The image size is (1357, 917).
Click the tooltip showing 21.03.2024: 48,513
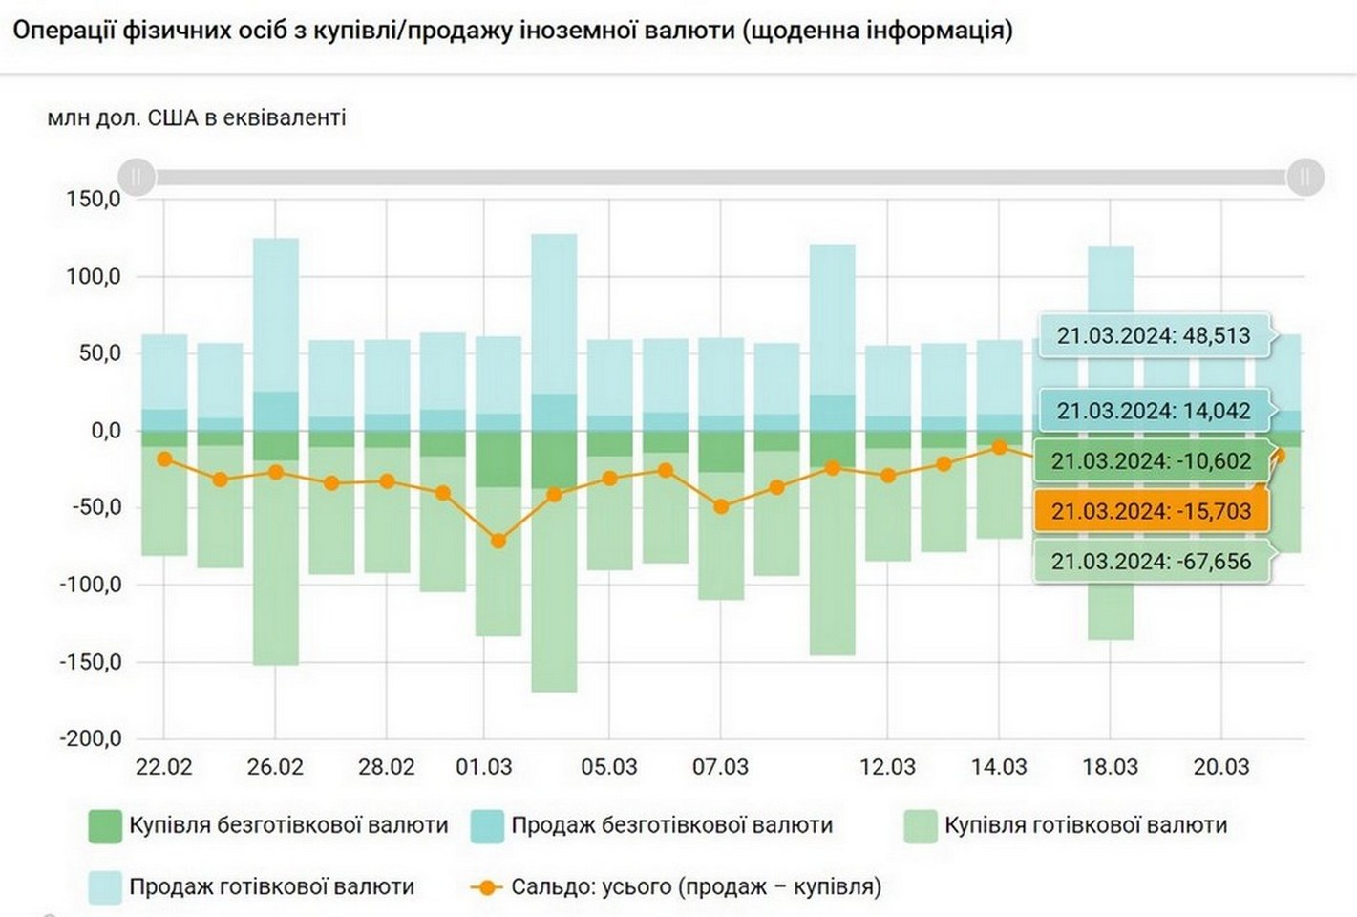click(1153, 335)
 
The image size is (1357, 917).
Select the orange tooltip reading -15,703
click(1151, 511)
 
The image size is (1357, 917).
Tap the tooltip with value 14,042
click(1153, 411)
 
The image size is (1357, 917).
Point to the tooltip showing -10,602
click(1151, 461)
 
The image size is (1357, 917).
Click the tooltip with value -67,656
click(1151, 562)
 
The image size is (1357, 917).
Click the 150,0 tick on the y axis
click(93, 200)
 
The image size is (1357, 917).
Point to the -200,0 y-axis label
click(91, 738)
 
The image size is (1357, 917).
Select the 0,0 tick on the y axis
click(105, 431)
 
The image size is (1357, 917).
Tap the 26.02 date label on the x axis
click(275, 767)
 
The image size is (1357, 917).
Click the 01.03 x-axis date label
click(483, 767)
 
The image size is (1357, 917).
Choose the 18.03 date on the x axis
click(1110, 767)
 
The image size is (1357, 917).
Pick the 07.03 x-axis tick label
click(720, 767)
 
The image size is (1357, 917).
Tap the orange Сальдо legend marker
click(487, 887)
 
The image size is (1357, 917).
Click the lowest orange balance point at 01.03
click(498, 542)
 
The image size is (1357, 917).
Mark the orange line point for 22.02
click(164, 459)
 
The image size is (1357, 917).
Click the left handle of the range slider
click(137, 177)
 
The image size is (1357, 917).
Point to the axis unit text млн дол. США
click(196, 118)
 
